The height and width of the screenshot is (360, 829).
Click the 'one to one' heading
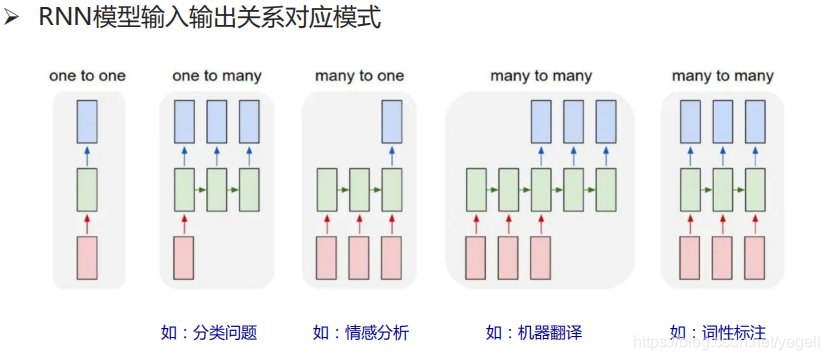(x=87, y=76)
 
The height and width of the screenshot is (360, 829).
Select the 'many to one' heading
(x=359, y=76)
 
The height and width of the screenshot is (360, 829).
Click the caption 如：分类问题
(x=209, y=332)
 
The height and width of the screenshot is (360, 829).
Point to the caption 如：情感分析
(x=360, y=332)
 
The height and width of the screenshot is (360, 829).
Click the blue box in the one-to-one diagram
(x=87, y=122)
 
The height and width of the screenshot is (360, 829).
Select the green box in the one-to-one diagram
(x=87, y=188)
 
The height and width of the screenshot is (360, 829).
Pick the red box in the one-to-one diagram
(x=87, y=257)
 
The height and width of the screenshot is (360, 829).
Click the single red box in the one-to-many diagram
(x=184, y=257)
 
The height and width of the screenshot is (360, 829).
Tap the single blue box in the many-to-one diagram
(x=391, y=122)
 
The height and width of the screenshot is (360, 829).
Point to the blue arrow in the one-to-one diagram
(x=87, y=155)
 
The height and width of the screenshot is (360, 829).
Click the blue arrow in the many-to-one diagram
(x=391, y=155)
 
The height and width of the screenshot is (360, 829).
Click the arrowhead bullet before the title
(x=13, y=19)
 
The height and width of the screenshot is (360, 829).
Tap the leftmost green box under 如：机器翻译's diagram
(x=477, y=188)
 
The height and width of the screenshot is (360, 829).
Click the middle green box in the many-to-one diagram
(x=359, y=188)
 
